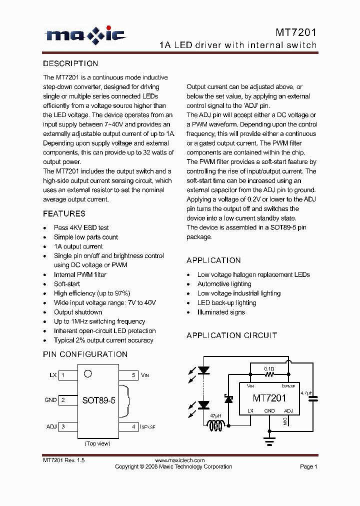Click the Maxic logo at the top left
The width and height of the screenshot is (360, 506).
click(x=85, y=34)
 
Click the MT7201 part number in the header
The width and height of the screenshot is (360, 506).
click(x=296, y=33)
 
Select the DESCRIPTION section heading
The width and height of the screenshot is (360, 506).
click(x=70, y=63)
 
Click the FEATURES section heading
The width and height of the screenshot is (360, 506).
click(x=64, y=213)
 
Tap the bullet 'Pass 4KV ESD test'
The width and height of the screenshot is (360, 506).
click(x=81, y=227)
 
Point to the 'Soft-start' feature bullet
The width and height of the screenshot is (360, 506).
click(x=67, y=284)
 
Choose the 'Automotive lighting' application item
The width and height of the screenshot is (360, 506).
click(x=224, y=284)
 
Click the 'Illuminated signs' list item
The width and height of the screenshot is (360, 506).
click(x=221, y=312)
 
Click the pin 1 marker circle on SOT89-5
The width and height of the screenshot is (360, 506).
click(x=87, y=373)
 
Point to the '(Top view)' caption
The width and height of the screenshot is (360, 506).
click(x=97, y=443)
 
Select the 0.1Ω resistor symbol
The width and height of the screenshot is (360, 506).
click(x=269, y=373)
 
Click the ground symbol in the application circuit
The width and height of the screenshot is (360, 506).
click(x=269, y=440)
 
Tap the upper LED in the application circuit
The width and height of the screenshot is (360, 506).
click(x=203, y=370)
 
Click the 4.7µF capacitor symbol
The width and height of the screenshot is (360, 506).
click(x=313, y=398)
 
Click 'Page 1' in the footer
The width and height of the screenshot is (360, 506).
click(x=308, y=466)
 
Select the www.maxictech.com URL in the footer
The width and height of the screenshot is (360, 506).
click(x=179, y=460)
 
